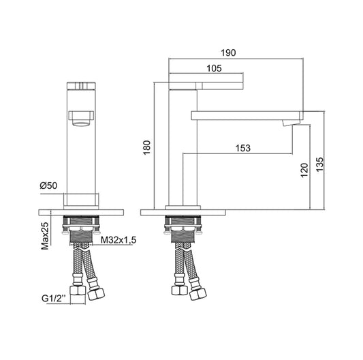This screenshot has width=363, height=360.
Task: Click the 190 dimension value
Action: (x=228, y=53)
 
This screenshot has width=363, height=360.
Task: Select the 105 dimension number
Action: (x=214, y=68)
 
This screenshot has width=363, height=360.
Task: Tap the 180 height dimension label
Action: (x=147, y=147)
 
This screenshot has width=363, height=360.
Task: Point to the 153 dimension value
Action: (x=243, y=148)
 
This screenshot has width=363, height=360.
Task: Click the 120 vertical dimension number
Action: (x=304, y=170)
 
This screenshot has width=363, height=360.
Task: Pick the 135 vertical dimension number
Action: (x=319, y=164)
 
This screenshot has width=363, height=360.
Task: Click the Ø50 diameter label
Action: (x=48, y=185)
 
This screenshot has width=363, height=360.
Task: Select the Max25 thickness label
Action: (x=45, y=236)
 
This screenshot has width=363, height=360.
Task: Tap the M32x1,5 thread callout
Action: (x=119, y=240)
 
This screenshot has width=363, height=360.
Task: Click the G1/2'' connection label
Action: (x=54, y=299)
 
